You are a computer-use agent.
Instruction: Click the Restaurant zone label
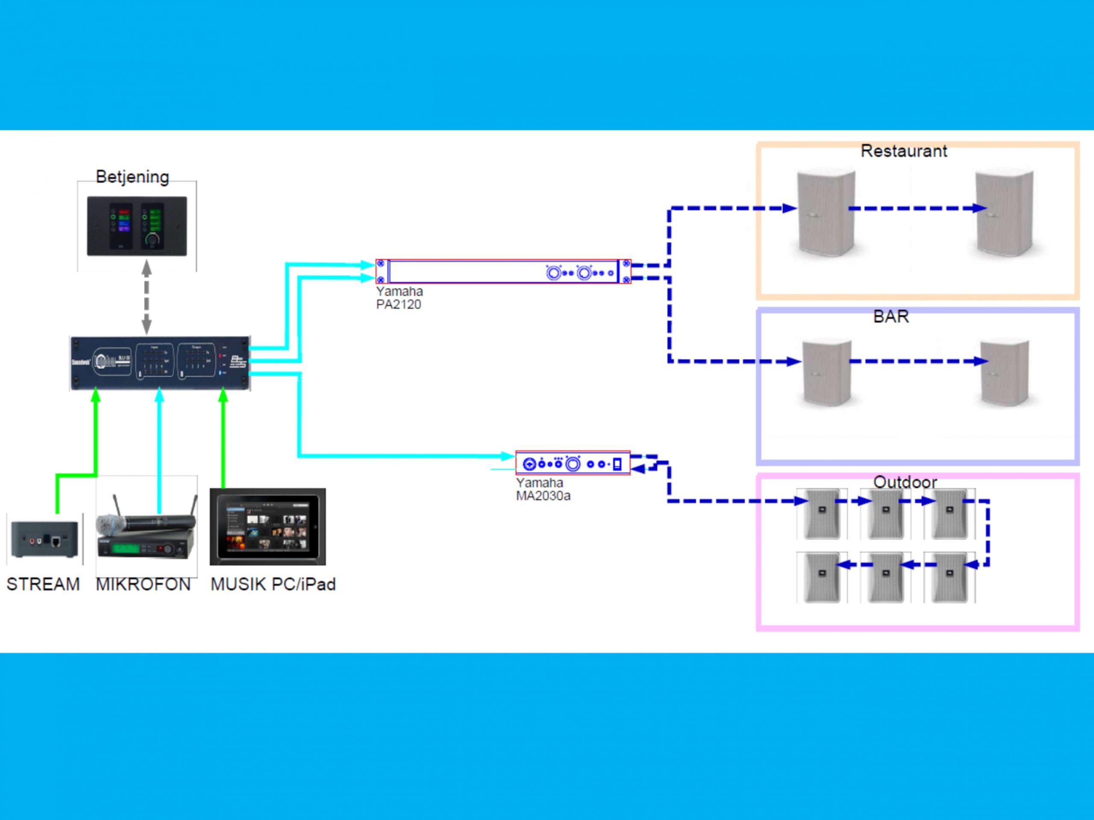pos(903,151)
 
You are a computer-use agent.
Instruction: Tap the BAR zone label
pos(891,316)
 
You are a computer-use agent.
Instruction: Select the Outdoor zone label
pos(905,482)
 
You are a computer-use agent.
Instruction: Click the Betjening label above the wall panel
pos(132,176)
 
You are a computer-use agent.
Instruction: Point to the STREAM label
pos(43,584)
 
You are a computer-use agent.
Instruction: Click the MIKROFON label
pos(143,584)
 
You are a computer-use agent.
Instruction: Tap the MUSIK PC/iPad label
pos(273,584)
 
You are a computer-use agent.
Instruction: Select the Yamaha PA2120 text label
pos(399,298)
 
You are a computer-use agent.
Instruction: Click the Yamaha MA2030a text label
pos(543,489)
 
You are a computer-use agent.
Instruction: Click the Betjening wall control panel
pos(137,226)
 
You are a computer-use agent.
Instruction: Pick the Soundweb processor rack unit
pos(160,363)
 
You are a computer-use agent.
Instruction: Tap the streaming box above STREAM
pos(44,539)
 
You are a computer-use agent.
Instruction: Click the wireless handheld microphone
pos(146,521)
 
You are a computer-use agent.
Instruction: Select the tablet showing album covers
pos(268,527)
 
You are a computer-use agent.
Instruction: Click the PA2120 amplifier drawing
pos(503,271)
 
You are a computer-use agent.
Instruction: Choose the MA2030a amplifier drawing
pos(573,463)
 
